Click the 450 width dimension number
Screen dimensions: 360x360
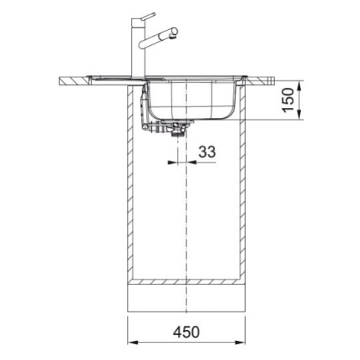point(186,332)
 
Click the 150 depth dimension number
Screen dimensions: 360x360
point(288,100)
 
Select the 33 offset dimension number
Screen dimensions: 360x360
point(207,152)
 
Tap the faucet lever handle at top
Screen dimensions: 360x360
point(149,16)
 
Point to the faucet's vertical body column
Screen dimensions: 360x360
point(138,48)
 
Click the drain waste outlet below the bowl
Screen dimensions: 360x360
point(175,129)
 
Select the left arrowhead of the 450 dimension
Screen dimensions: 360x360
point(133,342)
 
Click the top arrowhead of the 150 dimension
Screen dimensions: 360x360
point(299,86)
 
